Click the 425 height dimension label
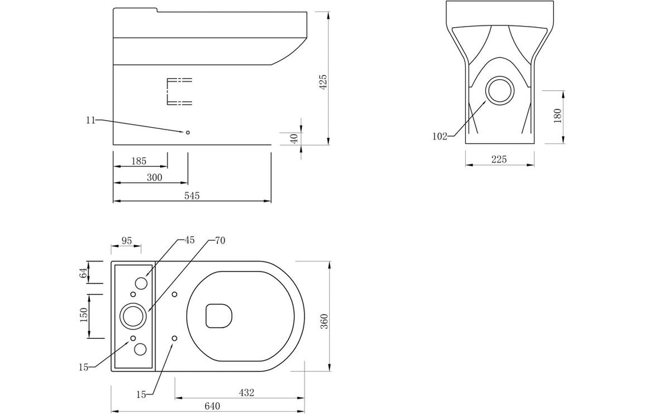click(323, 82)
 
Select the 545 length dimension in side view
click(192, 196)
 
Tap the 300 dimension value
click(155, 177)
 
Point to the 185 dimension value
click(139, 161)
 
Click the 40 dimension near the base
click(294, 138)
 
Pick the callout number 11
click(90, 120)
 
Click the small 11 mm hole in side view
click(188, 132)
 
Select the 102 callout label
click(440, 137)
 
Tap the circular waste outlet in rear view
click(501, 91)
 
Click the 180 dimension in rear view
click(557, 117)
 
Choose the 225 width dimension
click(500, 160)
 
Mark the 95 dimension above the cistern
click(127, 240)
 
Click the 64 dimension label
click(83, 273)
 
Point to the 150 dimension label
click(83, 315)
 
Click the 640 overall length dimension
click(212, 406)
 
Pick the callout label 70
click(219, 240)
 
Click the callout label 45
click(189, 240)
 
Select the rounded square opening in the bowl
click(218, 315)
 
